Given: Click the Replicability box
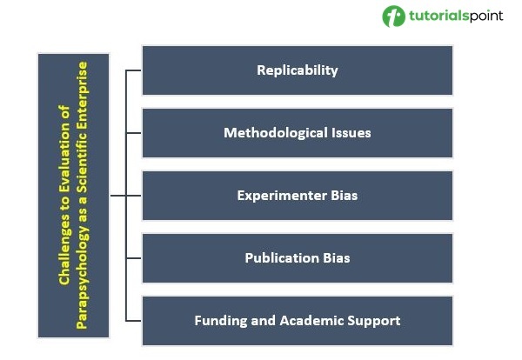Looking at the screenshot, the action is tap(298, 70).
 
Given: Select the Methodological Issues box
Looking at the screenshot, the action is tap(298, 133).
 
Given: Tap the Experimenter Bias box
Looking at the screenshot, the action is tap(298, 196).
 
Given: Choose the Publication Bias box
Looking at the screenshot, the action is tap(298, 258).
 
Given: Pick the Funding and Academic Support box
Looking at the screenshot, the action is tap(298, 321).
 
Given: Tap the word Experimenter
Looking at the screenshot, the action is tap(282, 196).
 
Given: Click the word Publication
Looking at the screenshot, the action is tap(282, 258).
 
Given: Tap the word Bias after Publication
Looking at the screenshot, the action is tap(336, 258).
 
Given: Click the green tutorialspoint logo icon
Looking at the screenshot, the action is tap(393, 16).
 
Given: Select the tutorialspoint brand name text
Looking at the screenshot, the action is tap(456, 16).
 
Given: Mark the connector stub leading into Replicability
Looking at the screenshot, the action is tap(133, 70).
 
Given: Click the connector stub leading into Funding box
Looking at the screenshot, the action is tap(133, 321).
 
